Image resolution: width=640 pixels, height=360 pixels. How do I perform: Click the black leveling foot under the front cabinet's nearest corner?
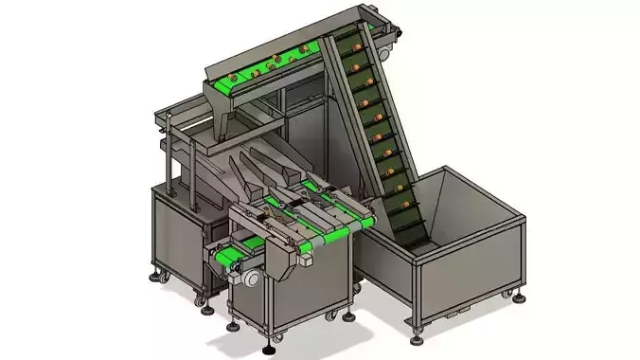pyautogui.click(x=276, y=336)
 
